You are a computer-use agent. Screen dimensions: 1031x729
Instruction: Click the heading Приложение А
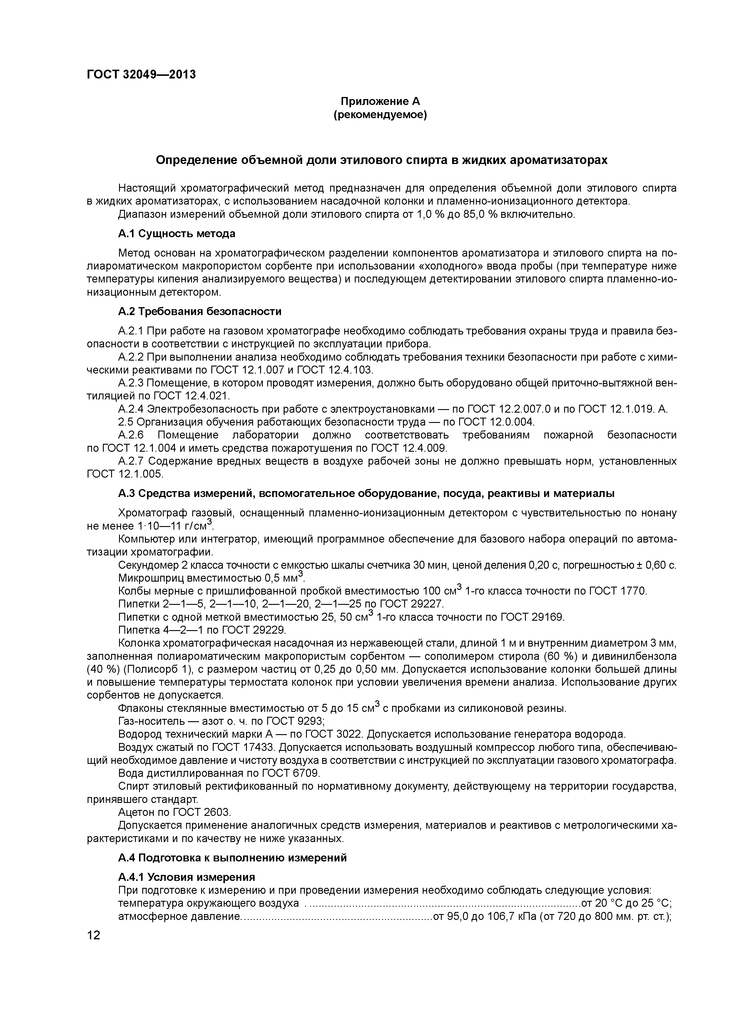click(380, 101)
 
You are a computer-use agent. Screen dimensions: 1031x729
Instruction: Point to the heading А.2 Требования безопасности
click(200, 312)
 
